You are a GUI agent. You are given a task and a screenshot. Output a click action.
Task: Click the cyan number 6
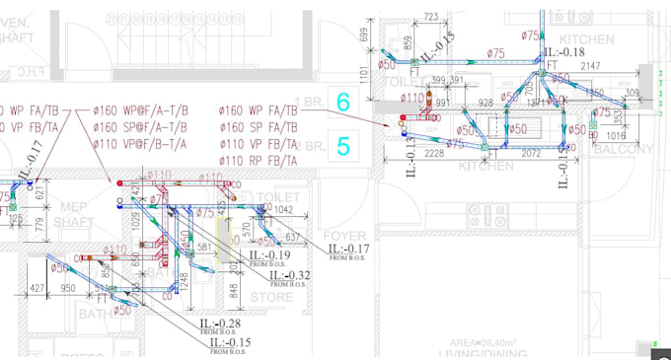[x=343, y=102]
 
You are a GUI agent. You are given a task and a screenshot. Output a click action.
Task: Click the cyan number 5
[x=343, y=147]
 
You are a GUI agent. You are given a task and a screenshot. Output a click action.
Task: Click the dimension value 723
[x=430, y=17]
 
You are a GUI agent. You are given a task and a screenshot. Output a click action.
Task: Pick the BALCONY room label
[x=623, y=149]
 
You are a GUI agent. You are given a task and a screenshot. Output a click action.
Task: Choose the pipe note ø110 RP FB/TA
[x=259, y=160]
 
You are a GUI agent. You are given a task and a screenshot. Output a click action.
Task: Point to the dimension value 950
[x=68, y=289]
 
